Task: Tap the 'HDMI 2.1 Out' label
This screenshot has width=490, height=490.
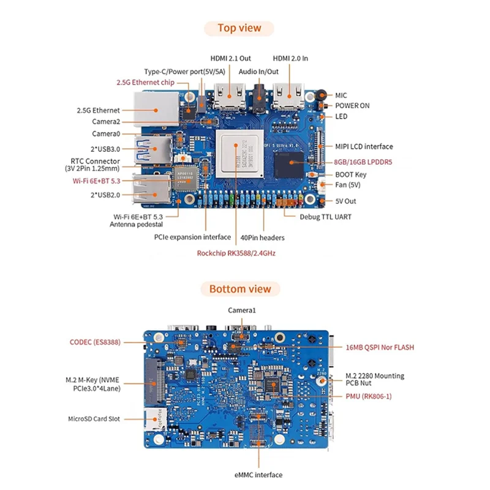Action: pyautogui.click(x=231, y=59)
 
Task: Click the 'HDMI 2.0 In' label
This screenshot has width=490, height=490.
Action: pyautogui.click(x=290, y=59)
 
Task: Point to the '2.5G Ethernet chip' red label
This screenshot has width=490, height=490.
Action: pyautogui.click(x=145, y=82)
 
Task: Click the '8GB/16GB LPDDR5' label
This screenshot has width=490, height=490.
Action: pyautogui.click(x=364, y=162)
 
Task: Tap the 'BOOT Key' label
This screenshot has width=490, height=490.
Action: pyautogui.click(x=352, y=175)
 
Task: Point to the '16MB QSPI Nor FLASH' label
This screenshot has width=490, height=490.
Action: pyautogui.click(x=380, y=347)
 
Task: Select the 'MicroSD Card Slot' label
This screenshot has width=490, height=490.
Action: pyautogui.click(x=94, y=419)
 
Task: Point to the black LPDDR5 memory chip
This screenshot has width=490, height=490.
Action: pyautogui.click(x=288, y=162)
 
